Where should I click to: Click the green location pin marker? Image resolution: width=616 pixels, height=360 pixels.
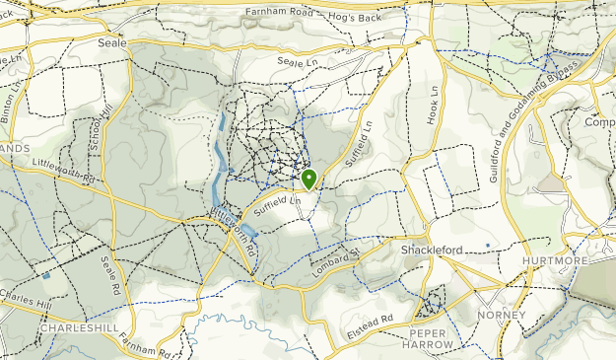coord(308,180)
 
